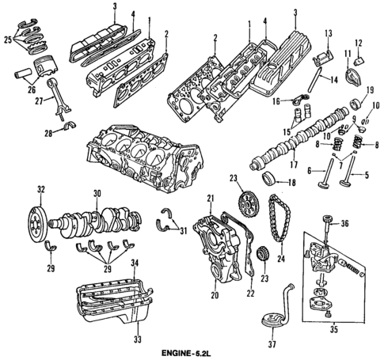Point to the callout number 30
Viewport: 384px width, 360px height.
96,192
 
